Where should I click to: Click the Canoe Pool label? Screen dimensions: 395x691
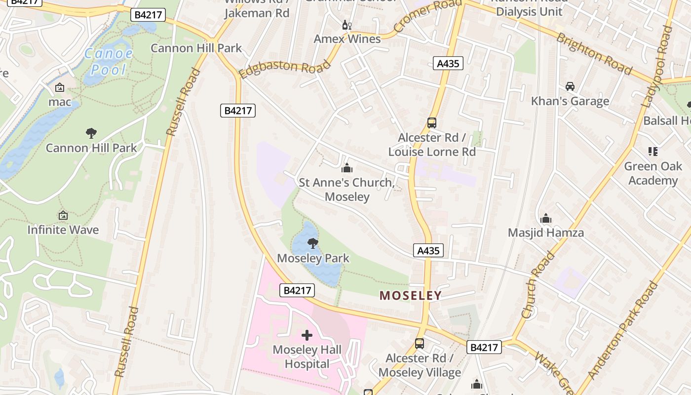point(108,61)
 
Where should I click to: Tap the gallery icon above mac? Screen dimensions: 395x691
point(60,88)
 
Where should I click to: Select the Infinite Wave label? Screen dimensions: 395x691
point(63,230)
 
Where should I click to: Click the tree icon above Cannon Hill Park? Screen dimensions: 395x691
point(91,133)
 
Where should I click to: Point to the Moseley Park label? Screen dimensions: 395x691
point(313,258)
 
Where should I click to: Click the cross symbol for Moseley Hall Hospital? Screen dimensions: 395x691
point(307,336)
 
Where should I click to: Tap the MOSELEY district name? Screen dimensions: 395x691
point(410,296)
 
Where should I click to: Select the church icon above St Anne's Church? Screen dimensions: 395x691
point(347,168)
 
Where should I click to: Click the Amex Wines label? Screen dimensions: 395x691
point(347,39)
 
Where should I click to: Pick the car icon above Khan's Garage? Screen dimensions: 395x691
point(570,86)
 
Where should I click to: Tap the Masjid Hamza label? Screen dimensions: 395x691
point(546,233)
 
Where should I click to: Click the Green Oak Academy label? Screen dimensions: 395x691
point(653,173)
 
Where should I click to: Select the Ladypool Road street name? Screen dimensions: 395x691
point(658,67)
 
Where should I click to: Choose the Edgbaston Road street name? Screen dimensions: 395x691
point(285,68)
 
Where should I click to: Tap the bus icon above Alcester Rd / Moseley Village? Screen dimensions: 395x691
point(420,343)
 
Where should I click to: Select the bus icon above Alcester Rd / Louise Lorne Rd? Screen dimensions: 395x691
point(432,123)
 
